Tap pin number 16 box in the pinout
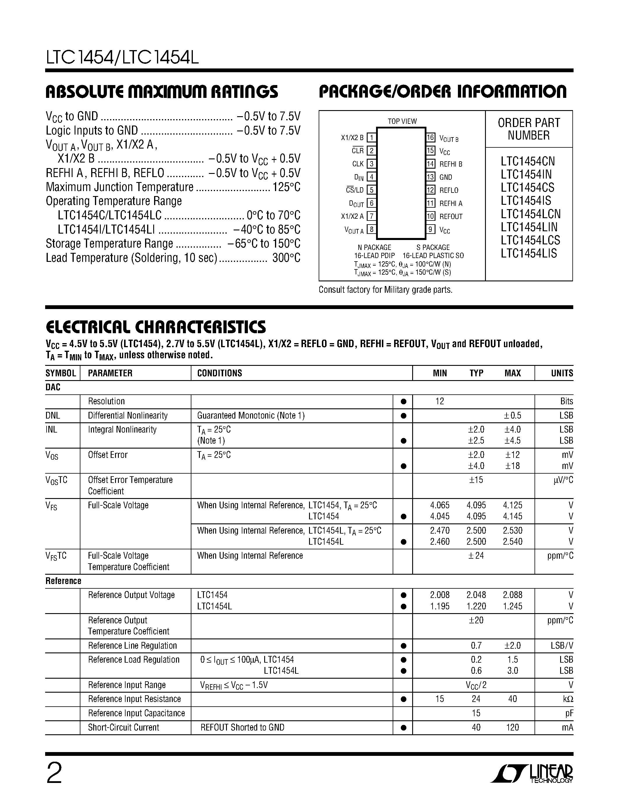click(430, 137)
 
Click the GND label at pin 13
click(446, 177)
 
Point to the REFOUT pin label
click(451, 216)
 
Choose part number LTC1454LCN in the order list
click(530, 214)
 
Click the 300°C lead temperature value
click(286, 258)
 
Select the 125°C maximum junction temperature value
click(286, 187)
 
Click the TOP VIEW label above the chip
click(402, 121)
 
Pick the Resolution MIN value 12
click(439, 401)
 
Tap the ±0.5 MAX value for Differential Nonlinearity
click(512, 416)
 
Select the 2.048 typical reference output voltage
click(476, 595)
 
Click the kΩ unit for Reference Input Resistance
click(568, 699)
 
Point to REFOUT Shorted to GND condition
click(242, 727)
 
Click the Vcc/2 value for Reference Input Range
click(476, 685)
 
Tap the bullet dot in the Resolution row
click(403, 402)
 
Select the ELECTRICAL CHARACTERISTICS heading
click(156, 327)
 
